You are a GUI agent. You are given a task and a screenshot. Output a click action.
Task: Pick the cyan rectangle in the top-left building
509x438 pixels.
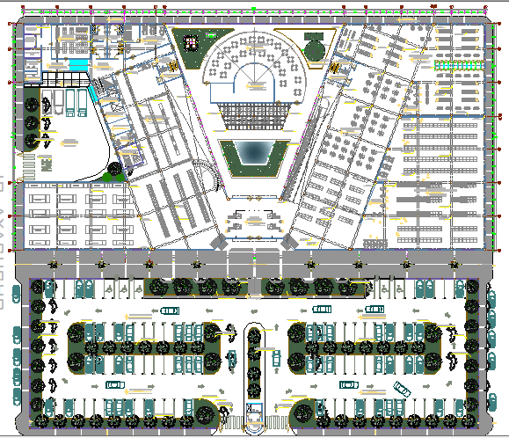[79, 65]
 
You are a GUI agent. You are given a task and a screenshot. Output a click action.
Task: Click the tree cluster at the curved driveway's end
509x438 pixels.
[113, 172]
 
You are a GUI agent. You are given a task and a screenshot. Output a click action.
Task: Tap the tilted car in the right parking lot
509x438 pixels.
[403, 388]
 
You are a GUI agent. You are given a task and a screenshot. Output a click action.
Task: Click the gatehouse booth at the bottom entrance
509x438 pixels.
[254, 410]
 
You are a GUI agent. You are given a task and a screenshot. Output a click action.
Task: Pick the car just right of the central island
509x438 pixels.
[275, 358]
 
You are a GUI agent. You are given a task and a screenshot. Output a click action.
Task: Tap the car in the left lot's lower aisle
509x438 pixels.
[114, 387]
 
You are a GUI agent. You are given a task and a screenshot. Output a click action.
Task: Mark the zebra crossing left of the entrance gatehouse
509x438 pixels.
[230, 420]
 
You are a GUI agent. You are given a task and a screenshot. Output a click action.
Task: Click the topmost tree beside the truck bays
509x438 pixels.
[32, 104]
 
